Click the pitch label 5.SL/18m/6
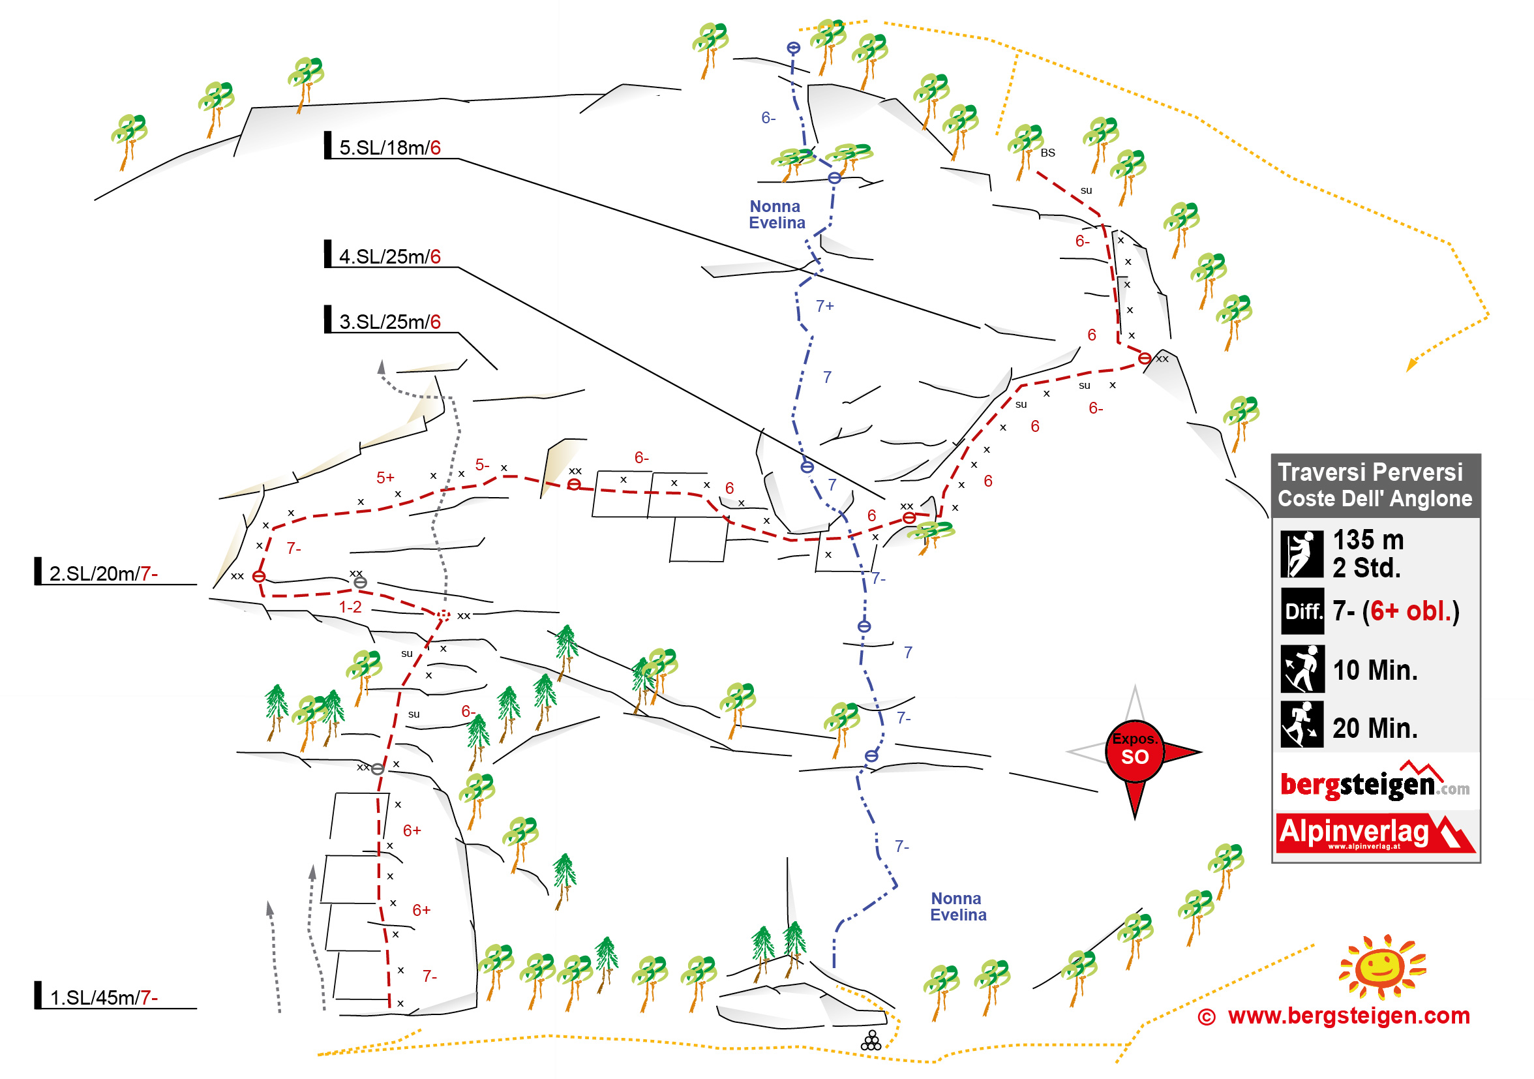389,147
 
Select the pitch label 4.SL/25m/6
389,256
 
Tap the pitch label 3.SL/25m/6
389,322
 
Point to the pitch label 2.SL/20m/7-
103,573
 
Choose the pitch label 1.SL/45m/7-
103,997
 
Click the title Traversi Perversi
1370,472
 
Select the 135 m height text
1368,540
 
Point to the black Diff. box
1302,611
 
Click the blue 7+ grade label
824,306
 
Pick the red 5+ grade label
385,478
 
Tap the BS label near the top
1047,153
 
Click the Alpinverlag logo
1375,832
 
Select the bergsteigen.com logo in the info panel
1374,783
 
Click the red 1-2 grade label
350,607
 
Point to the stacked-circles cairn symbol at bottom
871,1041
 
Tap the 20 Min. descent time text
1374,727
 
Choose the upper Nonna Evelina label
776,215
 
